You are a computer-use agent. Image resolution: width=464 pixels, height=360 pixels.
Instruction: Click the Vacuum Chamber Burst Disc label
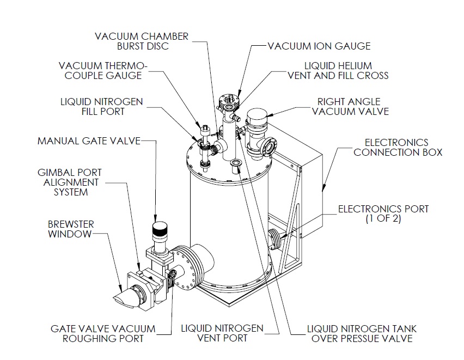tap(142, 41)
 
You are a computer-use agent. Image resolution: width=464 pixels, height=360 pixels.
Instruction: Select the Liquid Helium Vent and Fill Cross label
tap(338, 70)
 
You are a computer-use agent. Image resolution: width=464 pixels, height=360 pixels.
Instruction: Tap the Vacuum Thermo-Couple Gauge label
tap(107, 70)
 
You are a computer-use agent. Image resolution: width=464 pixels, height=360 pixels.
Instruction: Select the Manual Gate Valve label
tap(89, 141)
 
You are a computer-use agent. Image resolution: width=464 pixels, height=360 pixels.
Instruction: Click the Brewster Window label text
tap(69, 229)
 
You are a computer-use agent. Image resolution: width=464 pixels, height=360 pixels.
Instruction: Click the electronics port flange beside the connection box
tap(277, 237)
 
